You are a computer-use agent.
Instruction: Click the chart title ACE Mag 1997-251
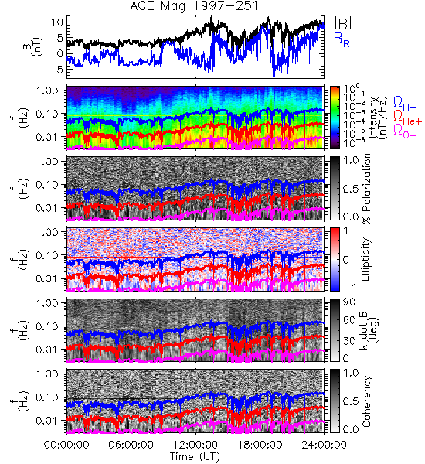(x=194, y=6)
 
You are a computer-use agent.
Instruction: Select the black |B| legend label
(x=343, y=22)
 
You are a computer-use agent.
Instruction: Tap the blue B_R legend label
(x=342, y=39)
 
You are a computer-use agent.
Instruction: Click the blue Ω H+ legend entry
(x=405, y=104)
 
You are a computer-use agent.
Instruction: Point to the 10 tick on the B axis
(x=56, y=22)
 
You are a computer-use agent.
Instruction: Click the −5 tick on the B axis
(x=54, y=70)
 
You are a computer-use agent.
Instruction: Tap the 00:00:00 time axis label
(x=66, y=445)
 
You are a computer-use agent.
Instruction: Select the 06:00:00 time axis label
(x=131, y=445)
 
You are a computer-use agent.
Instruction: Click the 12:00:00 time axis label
(x=195, y=445)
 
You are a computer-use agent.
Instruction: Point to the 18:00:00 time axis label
(x=260, y=445)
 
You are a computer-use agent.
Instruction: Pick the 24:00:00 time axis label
(x=324, y=445)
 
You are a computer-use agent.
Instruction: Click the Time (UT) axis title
(x=195, y=456)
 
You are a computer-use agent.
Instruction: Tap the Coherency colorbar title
(x=366, y=401)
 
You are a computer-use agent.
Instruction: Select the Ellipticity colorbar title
(x=365, y=259)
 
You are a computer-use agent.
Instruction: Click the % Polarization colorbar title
(x=366, y=189)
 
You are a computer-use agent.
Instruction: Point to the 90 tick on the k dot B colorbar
(x=349, y=302)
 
